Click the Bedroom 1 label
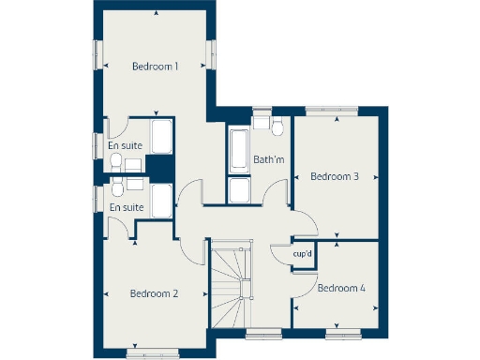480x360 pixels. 155,66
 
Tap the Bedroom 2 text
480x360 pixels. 154,293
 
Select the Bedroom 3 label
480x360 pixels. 335,176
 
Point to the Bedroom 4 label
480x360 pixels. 340,288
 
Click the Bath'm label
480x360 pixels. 269,159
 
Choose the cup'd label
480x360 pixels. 302,253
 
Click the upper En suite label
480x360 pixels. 125,145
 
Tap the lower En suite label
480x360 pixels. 127,207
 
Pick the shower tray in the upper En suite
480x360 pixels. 161,136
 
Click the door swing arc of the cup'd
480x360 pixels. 279,255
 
